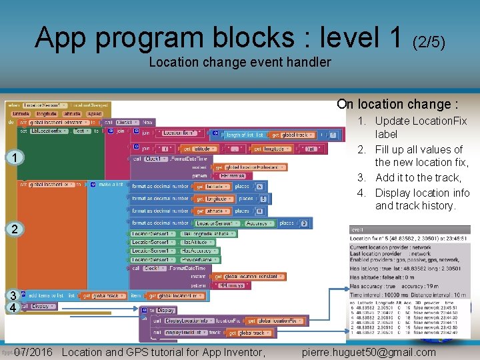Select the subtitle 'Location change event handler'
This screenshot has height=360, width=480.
tap(240, 62)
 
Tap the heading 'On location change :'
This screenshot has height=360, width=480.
tap(397, 104)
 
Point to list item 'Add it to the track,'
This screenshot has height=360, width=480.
tap(418, 177)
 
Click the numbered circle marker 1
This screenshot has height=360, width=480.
tap(14, 157)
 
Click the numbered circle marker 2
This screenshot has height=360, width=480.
tap(14, 229)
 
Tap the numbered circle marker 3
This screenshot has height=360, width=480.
tap(11, 295)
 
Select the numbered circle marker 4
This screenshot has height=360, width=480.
tap(11, 307)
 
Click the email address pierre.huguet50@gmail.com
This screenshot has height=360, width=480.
tap(369, 352)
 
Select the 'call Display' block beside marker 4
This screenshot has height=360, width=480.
tap(37, 307)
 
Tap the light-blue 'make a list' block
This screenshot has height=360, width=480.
tap(110, 185)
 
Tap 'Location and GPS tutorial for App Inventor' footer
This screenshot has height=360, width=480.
tap(163, 352)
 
